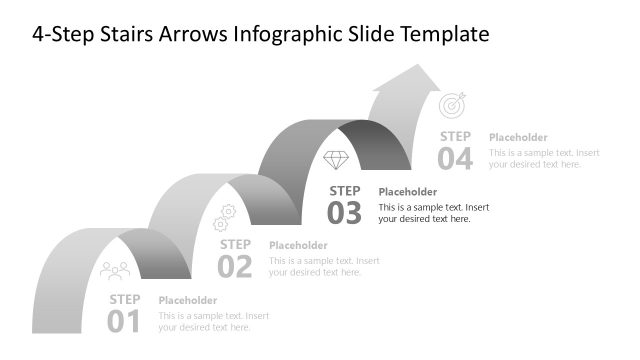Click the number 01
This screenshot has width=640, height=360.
point(125,321)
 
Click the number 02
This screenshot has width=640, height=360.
point(235,266)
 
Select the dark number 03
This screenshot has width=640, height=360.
point(345,212)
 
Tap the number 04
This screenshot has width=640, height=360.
point(455,158)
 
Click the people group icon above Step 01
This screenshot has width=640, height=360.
point(116,270)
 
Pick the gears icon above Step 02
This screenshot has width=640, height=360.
point(225,216)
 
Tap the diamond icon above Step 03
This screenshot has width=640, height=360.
point(336,160)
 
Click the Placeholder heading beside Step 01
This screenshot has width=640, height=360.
point(188,300)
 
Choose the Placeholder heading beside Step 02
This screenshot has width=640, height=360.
point(298,246)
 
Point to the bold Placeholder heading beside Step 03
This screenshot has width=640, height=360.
point(408,192)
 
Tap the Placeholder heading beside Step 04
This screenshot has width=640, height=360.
point(518,137)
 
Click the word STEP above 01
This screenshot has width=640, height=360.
point(125,299)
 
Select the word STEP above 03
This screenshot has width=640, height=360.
point(345,190)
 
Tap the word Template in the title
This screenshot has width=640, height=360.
point(445,35)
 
